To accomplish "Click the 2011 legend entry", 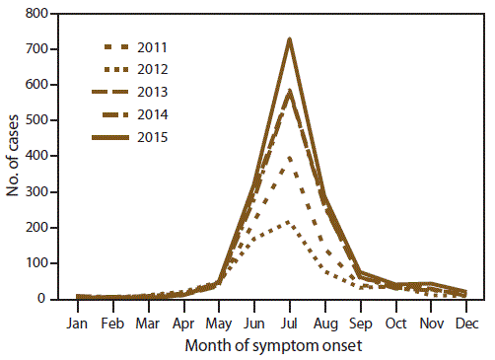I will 136,47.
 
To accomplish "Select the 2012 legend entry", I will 136,70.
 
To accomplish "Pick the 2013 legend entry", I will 136,93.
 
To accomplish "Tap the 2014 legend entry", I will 136,114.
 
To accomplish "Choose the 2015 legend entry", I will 136,137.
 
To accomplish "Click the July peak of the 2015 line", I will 289,39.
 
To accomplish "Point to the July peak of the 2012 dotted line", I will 289,221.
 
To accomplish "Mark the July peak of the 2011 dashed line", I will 289,156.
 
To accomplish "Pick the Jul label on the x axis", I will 289,322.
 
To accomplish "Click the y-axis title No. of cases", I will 13,156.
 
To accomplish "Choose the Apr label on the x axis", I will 182,322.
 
